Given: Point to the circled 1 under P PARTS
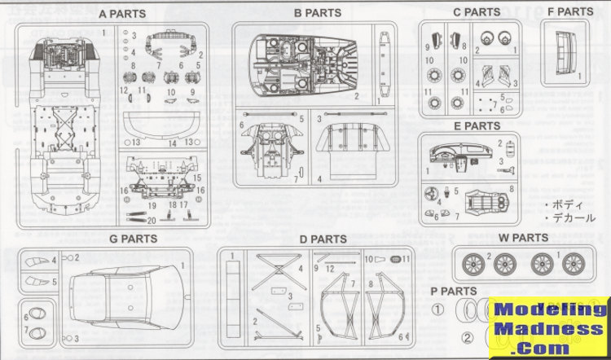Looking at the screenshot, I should (x=437, y=310).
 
